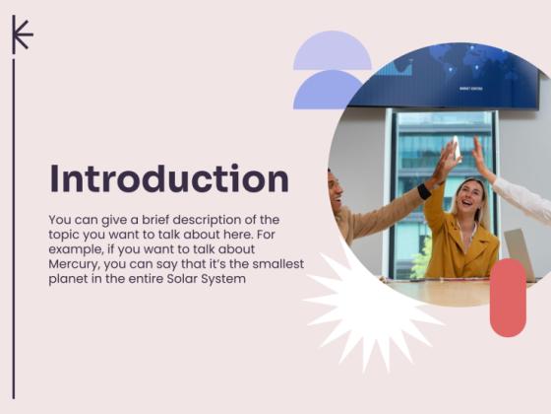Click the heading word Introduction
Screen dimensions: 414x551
point(169,179)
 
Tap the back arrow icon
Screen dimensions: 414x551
point(22,34)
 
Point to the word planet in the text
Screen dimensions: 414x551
point(68,279)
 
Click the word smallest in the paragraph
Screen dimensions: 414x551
point(276,263)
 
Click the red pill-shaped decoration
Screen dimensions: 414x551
point(508,297)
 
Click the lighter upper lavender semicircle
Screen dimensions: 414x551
point(332,50)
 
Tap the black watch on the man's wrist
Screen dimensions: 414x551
point(424,191)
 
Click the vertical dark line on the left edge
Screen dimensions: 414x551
point(14,227)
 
